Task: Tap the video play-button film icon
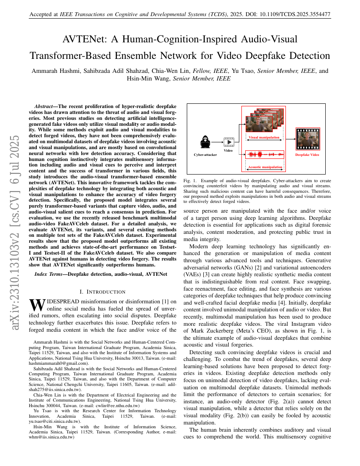[x=228, y=142]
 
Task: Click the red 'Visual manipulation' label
[x=264, y=137]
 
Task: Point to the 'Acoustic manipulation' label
[x=265, y=167]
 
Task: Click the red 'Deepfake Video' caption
[x=307, y=155]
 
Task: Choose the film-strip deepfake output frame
[x=307, y=140]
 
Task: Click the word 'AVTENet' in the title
[x=82, y=40]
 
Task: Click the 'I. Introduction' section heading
[x=102, y=291]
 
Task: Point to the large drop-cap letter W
[x=37, y=305]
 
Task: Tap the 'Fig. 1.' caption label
[x=189, y=180]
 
